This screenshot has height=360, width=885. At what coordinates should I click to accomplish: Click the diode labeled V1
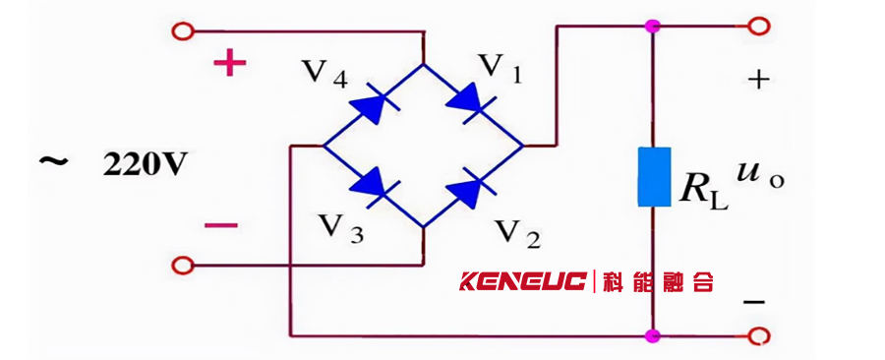tap(471, 103)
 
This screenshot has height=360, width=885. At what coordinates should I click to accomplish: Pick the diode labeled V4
tap(375, 103)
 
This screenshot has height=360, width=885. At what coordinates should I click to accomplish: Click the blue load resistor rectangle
tap(655, 177)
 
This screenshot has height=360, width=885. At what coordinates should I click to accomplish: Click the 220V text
tap(144, 166)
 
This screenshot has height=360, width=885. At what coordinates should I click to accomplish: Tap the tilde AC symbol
tap(54, 161)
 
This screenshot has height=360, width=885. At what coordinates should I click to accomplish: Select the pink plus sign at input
tap(230, 64)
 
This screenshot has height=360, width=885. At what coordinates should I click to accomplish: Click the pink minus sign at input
tap(221, 225)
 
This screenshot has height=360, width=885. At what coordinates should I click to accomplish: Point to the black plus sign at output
tap(759, 80)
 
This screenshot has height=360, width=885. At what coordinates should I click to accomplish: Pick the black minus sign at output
tap(754, 302)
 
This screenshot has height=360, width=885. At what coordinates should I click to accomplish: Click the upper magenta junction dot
tap(653, 26)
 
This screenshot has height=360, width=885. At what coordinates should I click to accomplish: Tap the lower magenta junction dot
tap(653, 336)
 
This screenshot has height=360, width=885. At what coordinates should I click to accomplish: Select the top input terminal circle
tap(182, 31)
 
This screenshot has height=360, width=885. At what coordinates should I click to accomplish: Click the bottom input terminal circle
tap(182, 265)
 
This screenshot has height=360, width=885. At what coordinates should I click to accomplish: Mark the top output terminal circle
tap(758, 26)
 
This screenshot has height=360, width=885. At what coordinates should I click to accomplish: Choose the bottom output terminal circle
tap(758, 336)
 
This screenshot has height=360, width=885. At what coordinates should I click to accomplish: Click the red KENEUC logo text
tap(523, 281)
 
